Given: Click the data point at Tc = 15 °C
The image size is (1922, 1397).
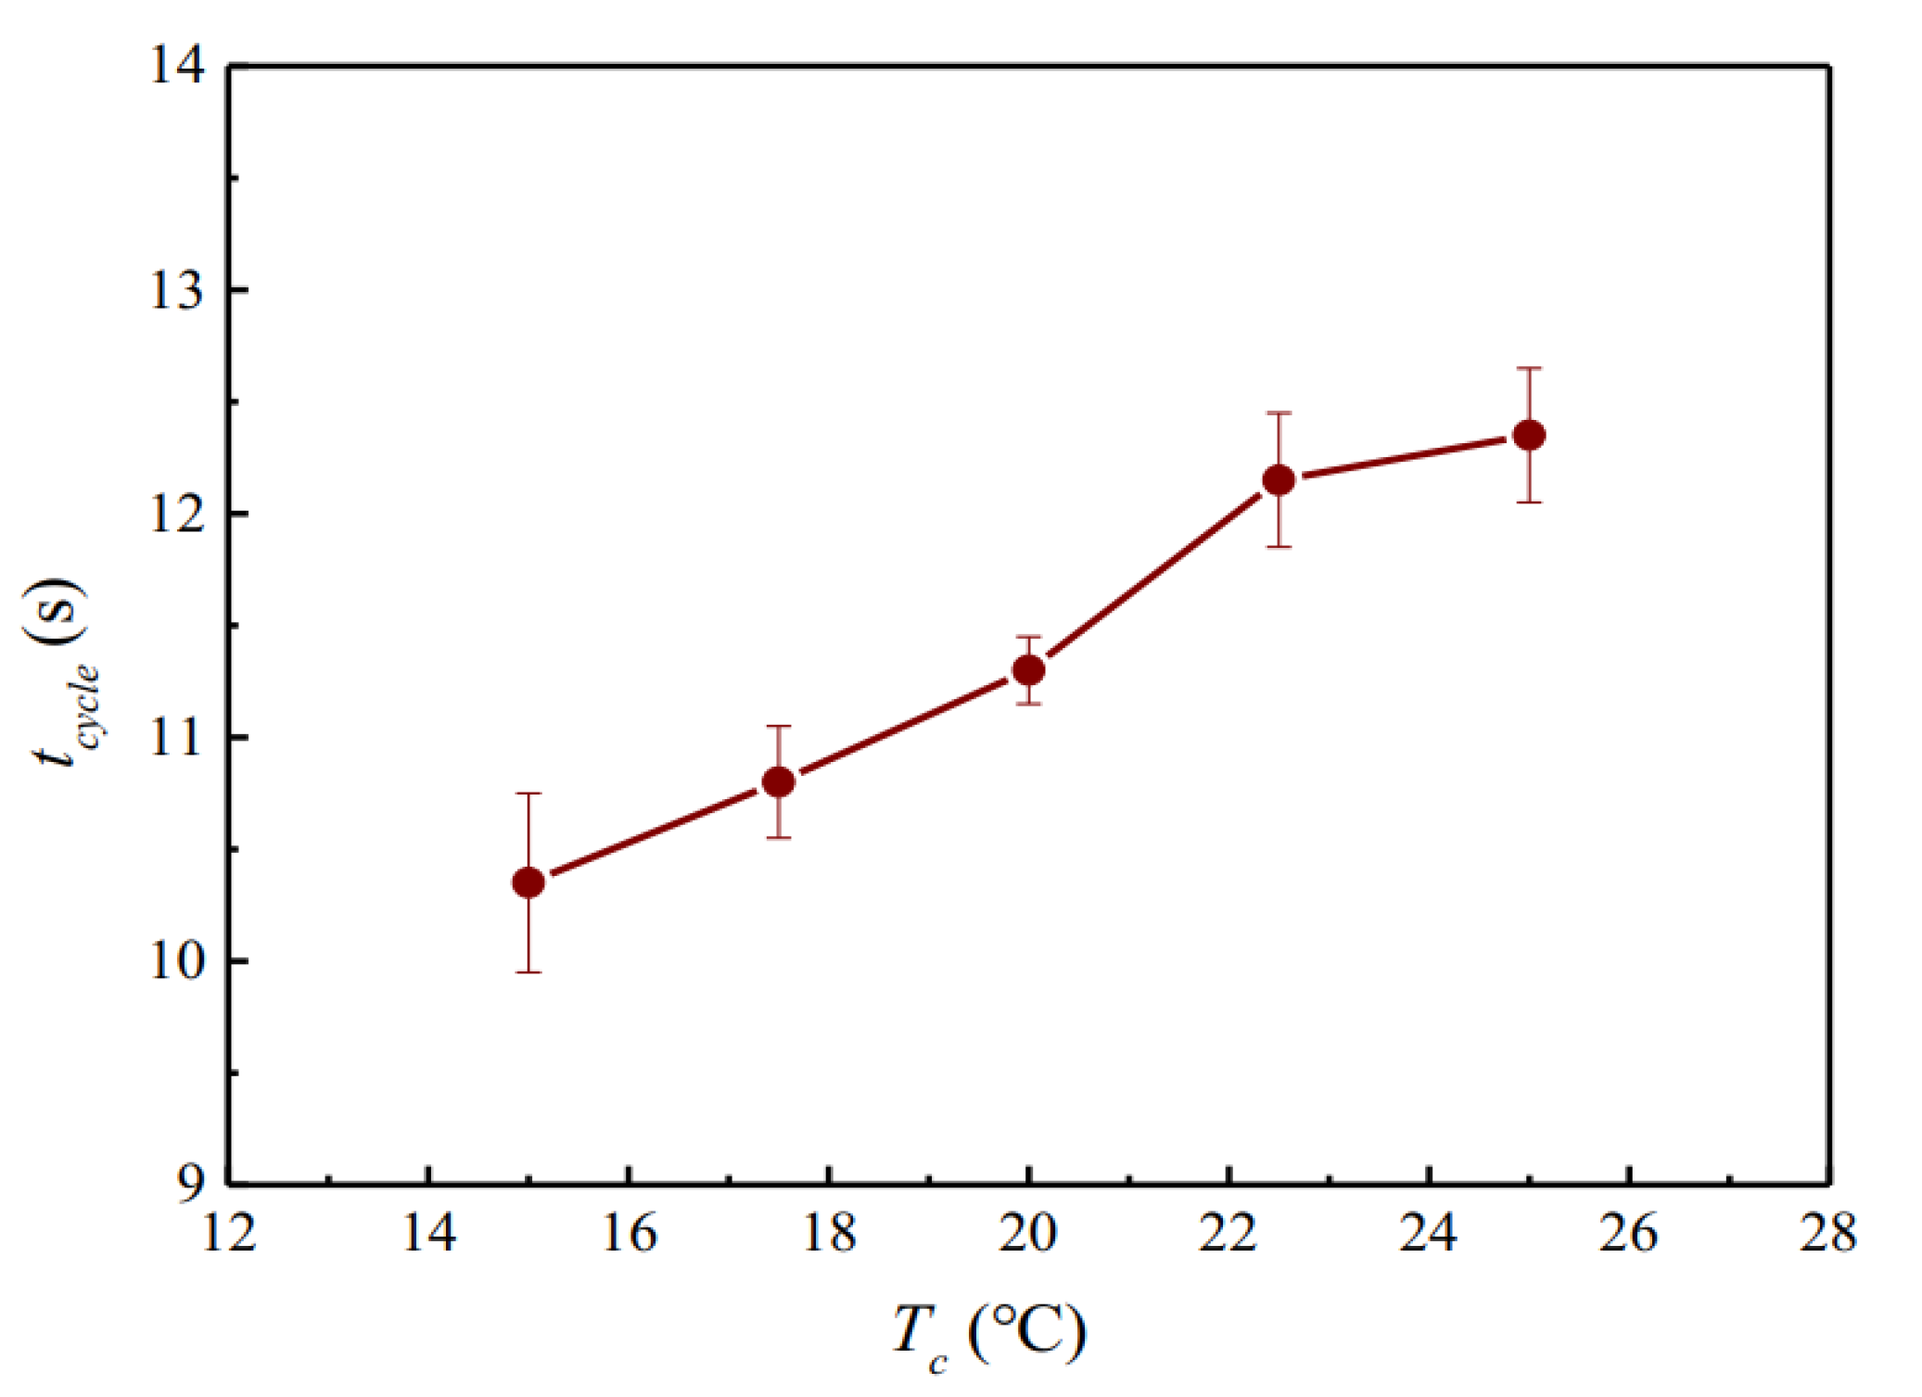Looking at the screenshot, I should click(x=528, y=883).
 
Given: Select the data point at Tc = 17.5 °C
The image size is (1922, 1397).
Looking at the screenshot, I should click(x=779, y=781).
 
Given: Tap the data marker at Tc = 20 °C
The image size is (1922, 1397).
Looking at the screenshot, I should click(x=1028, y=669).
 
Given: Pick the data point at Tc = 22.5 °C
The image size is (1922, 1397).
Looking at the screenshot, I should click(x=1279, y=479).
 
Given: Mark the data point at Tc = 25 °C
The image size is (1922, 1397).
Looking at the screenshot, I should click(x=1529, y=435).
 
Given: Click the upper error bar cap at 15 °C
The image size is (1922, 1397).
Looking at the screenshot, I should click(x=528, y=794).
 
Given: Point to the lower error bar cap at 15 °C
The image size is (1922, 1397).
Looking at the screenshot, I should click(x=528, y=972).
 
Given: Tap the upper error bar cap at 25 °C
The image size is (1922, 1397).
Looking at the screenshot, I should click(x=1529, y=368).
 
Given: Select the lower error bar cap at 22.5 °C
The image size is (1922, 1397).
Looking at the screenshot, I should click(x=1279, y=547).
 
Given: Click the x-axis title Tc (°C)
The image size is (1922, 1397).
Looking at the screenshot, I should click(x=988, y=1335).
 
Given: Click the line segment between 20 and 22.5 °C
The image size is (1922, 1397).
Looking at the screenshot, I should click(x=1153, y=575).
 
